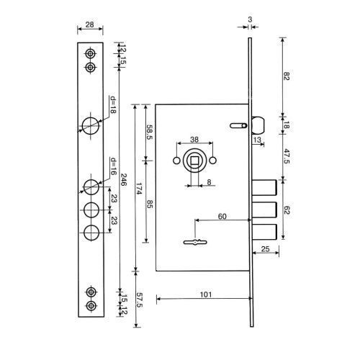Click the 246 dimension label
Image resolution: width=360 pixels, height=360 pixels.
click(123, 180)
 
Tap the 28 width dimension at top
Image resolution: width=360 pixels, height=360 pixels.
click(89, 24)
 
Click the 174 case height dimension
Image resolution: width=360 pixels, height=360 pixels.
click(139, 189)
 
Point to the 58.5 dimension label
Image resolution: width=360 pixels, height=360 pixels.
click(150, 132)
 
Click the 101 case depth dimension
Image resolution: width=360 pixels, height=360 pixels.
click(206, 294)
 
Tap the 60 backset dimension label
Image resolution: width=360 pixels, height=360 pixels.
click(222, 217)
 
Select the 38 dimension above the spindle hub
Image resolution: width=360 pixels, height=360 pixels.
click(194, 140)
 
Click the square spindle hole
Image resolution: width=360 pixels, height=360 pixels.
click(194, 160)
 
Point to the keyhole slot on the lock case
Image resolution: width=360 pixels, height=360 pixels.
click(195, 242)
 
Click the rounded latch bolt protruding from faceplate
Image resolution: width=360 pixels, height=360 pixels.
click(258, 125)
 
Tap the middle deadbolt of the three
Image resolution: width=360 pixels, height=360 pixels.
click(264, 210)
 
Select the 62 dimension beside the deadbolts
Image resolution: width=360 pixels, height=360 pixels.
click(287, 210)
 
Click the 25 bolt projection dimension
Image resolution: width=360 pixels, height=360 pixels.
click(265, 249)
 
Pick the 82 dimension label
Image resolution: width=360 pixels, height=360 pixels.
click(287, 76)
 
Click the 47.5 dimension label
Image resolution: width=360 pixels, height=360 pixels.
click(287, 156)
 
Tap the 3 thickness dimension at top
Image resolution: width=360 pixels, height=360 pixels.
click(250, 19)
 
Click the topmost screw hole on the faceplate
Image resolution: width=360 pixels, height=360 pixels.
click(91, 54)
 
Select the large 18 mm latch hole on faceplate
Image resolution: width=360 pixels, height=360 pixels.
click(91, 125)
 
